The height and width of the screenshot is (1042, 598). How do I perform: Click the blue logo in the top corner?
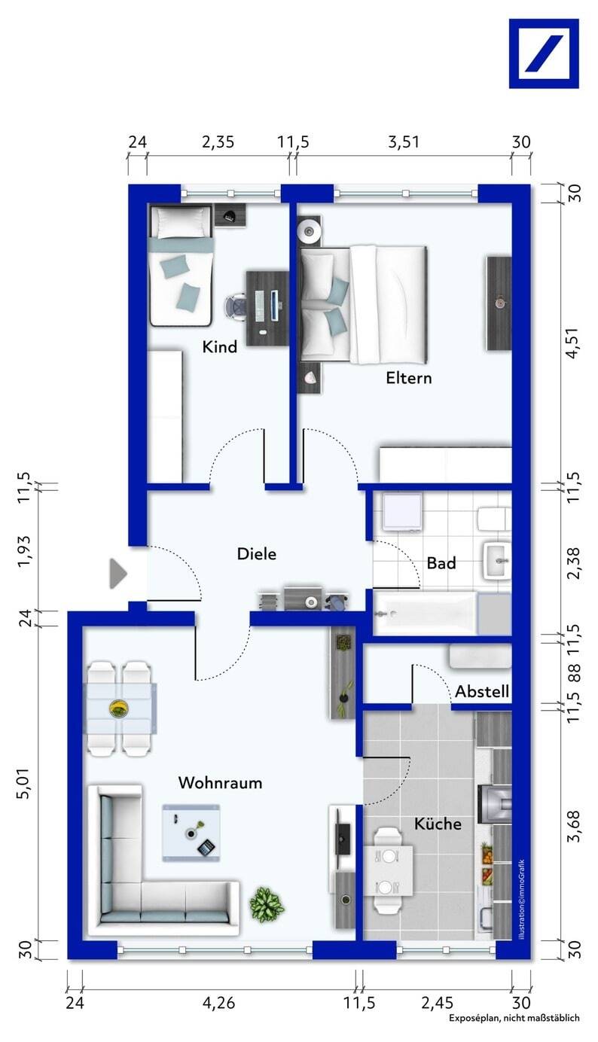(x=544, y=53)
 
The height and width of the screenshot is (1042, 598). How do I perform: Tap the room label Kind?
(x=220, y=346)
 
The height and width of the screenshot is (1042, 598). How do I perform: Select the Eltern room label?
(x=409, y=378)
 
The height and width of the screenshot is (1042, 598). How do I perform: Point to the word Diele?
(x=256, y=553)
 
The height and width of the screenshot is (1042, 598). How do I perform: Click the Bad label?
(x=441, y=563)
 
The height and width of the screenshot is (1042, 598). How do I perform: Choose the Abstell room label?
(x=482, y=691)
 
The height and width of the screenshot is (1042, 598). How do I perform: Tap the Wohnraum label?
(x=220, y=782)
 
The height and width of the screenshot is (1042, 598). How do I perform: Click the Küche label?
(x=438, y=824)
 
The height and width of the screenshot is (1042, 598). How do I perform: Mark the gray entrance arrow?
(x=118, y=574)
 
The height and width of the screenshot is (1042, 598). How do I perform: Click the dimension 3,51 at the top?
(x=404, y=142)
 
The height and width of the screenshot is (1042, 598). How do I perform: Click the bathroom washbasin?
(x=498, y=560)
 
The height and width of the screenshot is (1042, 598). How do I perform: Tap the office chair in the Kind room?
(x=237, y=307)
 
